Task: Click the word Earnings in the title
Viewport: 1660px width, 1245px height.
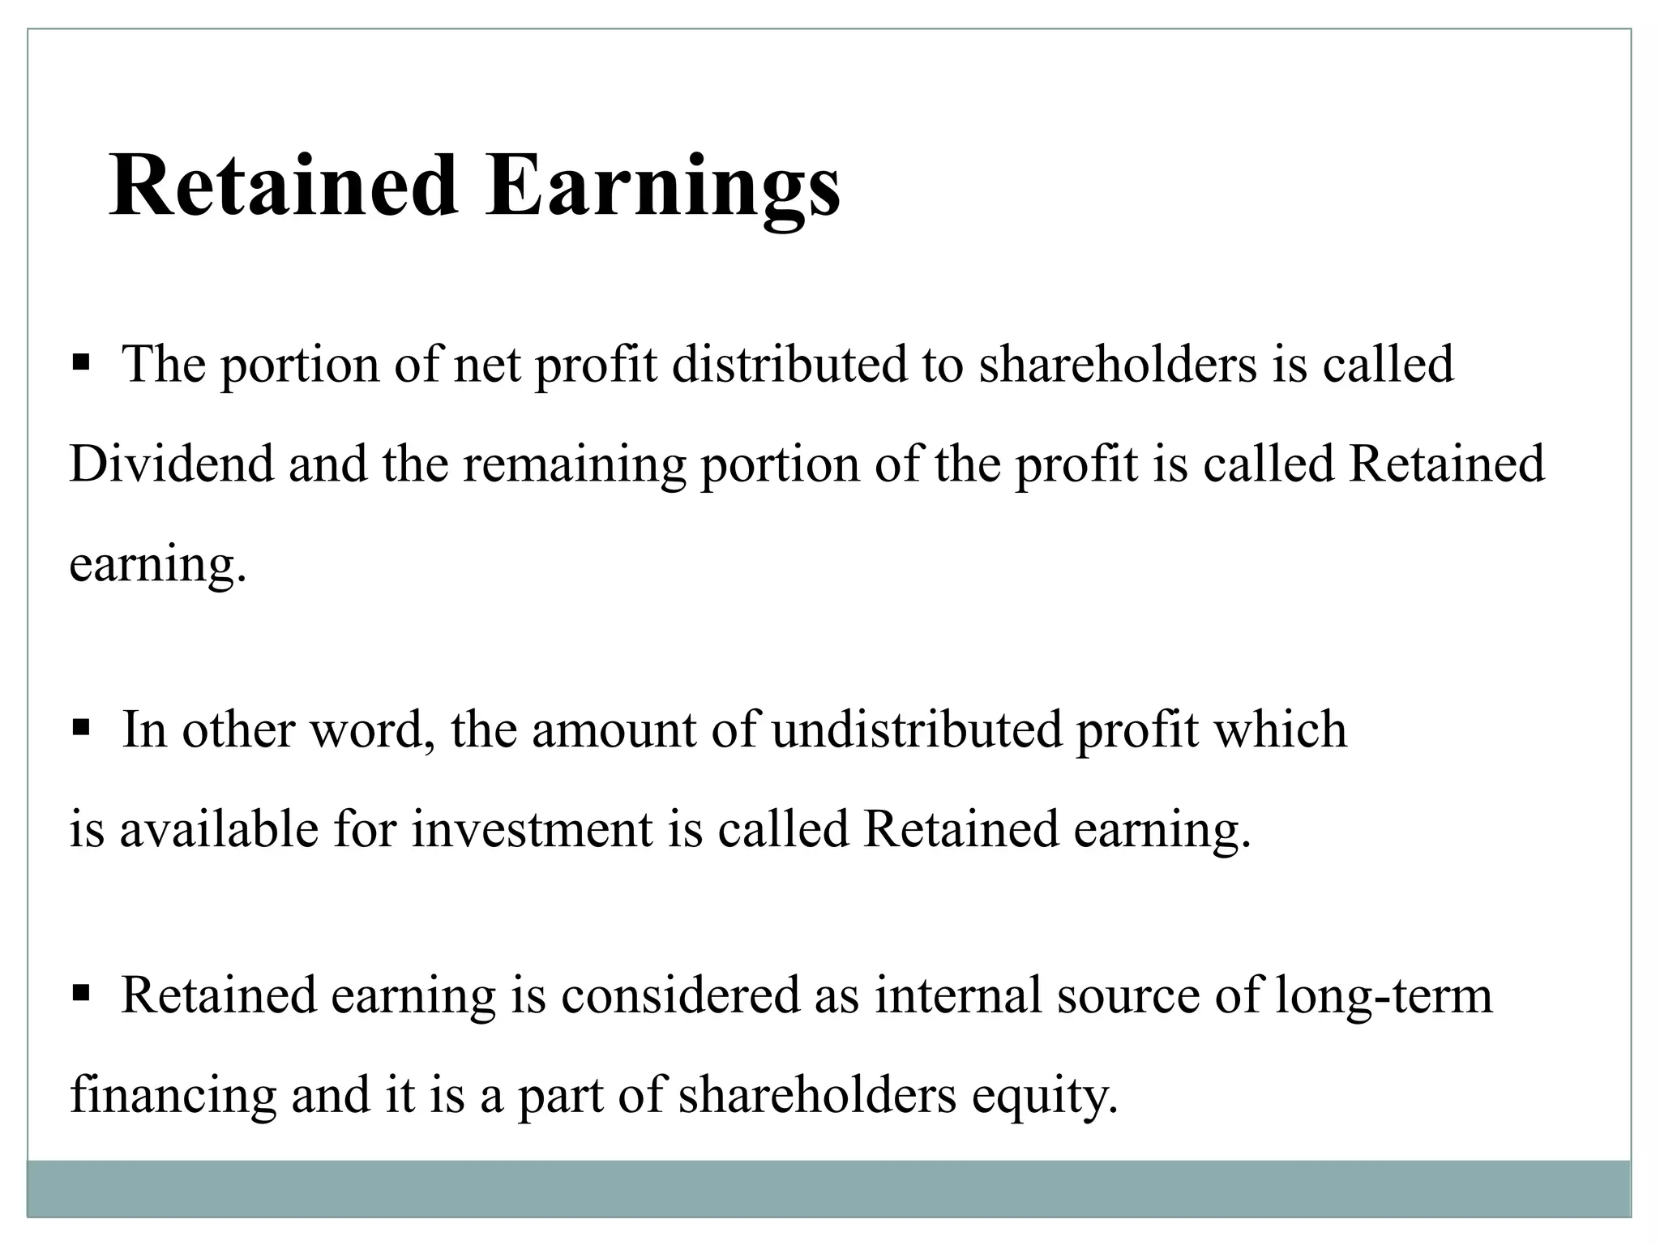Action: click(662, 187)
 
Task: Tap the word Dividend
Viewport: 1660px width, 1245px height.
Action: click(172, 464)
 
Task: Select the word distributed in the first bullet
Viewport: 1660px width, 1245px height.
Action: click(789, 364)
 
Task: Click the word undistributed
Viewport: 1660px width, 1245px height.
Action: click(917, 729)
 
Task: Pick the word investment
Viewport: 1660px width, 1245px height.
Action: click(532, 830)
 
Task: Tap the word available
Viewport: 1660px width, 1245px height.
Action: click(219, 830)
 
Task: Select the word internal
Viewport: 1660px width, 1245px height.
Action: click(957, 995)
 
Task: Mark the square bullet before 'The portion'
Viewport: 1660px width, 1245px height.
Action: click(80, 361)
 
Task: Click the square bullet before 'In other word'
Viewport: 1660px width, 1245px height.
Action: click(80, 726)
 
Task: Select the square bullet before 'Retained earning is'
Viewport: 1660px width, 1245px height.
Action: click(80, 992)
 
